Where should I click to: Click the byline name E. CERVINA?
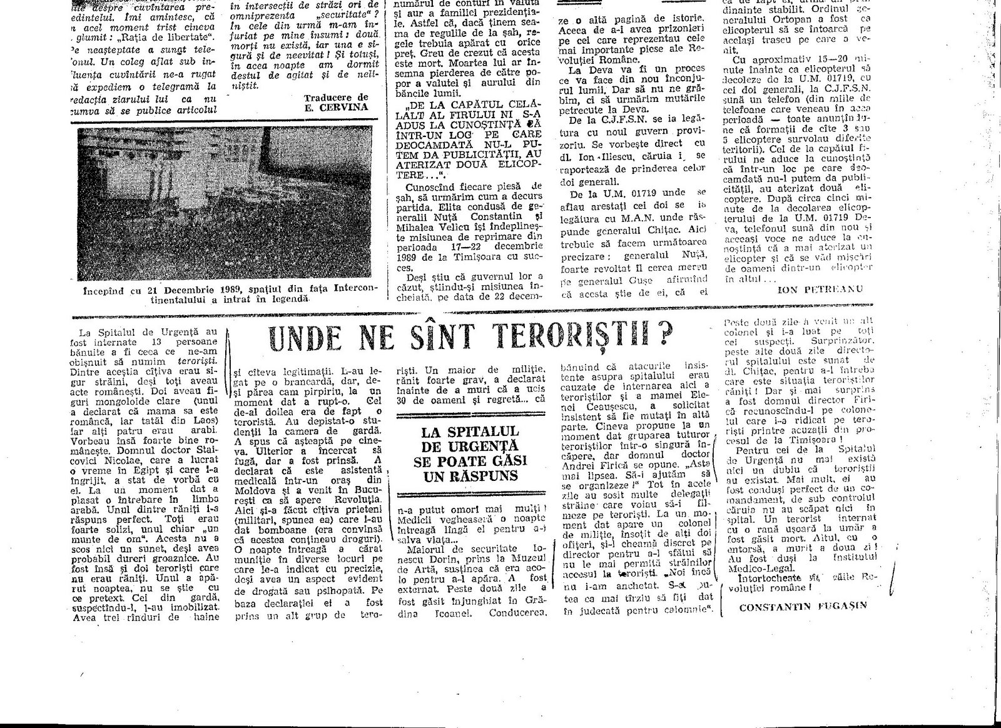344,106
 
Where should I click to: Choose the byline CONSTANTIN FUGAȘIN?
803,606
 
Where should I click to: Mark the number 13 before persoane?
154,343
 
